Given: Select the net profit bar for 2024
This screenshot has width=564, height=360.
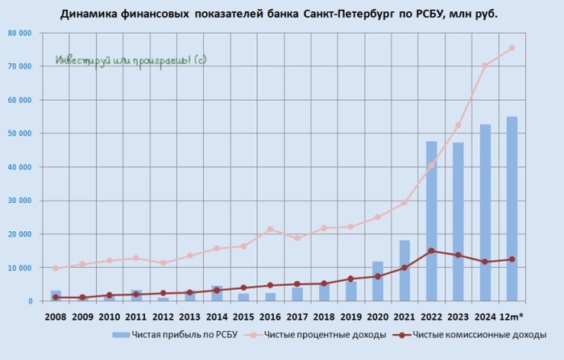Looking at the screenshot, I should point(485,213).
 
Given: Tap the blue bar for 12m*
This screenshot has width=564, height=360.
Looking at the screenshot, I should point(512,209).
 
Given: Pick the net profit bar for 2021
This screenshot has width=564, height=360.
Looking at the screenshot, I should point(405,271).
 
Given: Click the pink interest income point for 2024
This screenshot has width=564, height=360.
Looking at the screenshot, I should point(485,65).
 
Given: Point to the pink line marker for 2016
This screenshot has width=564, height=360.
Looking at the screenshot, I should point(271,229).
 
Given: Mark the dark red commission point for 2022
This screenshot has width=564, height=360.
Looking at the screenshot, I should point(432,250).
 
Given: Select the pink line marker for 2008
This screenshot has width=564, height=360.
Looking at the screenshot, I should point(56,268).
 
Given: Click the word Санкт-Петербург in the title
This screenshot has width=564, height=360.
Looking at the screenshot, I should point(349,14).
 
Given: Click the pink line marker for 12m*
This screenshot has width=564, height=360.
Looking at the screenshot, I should point(512,48).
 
